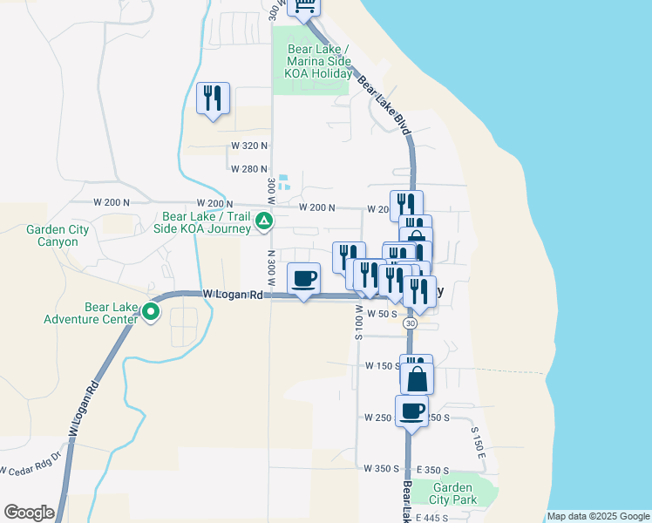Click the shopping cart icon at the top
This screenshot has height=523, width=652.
click(303, 7)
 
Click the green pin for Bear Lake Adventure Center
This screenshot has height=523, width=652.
click(150, 310)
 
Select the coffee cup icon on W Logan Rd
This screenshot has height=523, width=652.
click(303, 279)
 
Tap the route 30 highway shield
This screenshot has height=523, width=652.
click(410, 323)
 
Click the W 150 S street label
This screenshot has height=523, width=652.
click(381, 366)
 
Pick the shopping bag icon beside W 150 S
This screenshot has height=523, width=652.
click(418, 378)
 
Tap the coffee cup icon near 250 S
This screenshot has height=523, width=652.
click(411, 411)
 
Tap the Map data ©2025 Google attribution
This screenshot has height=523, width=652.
click(598, 517)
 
